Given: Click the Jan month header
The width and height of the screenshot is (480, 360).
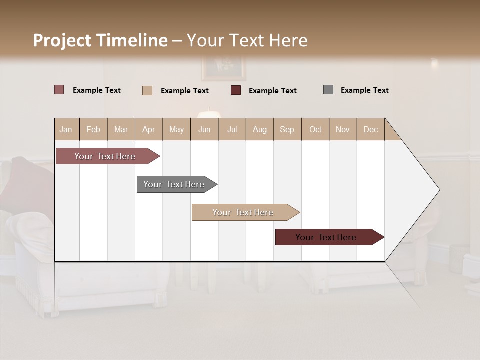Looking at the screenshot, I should click(x=66, y=129).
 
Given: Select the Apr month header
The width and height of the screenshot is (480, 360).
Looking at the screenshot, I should click(x=148, y=129).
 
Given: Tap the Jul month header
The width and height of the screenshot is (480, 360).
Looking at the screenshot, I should click(x=232, y=129).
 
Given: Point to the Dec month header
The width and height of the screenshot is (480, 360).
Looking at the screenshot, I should click(x=370, y=129).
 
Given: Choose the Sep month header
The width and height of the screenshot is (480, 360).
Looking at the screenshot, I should click(x=287, y=129).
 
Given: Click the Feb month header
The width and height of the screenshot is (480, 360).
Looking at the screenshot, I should click(x=93, y=129).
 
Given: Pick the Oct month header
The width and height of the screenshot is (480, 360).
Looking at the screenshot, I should click(x=315, y=129).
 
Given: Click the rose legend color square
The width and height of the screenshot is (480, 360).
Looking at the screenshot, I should click(x=59, y=90).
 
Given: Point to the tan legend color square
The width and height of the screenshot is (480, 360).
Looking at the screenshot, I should click(x=147, y=90).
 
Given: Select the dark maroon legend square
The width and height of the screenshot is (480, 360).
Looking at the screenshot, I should click(x=236, y=90).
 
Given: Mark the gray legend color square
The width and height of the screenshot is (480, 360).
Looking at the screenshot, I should click(x=328, y=90).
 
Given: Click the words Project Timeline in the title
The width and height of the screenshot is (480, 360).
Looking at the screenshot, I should click(x=100, y=40).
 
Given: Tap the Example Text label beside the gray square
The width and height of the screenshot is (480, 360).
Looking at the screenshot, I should click(x=364, y=90).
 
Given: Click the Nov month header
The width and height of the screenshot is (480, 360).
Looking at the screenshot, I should click(x=343, y=129).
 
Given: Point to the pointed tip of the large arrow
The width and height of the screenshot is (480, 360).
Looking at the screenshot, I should click(x=439, y=190).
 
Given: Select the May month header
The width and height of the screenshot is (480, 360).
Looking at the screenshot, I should click(x=176, y=129).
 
